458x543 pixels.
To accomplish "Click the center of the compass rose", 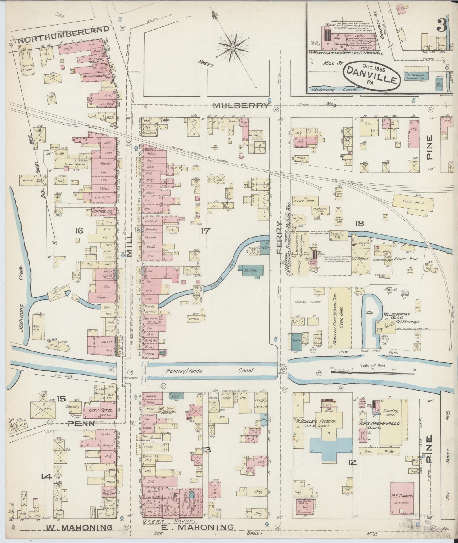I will pyautogui.click(x=233, y=47).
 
